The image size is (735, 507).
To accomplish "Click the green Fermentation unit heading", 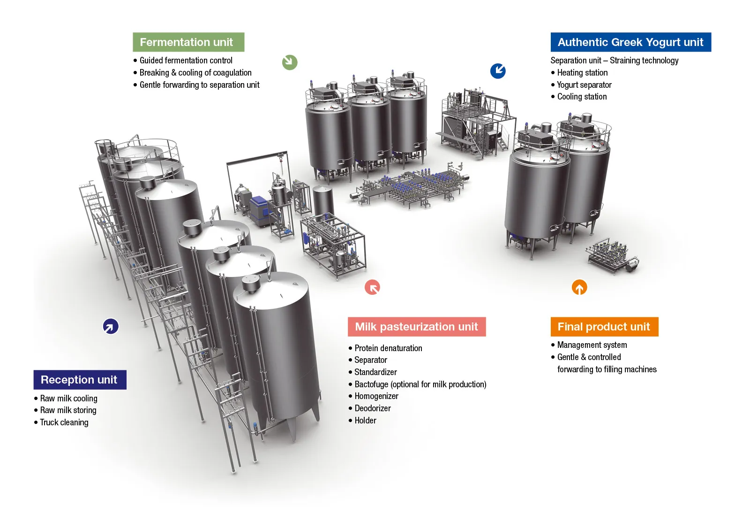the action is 188,42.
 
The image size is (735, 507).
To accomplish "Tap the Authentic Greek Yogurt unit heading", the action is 630,42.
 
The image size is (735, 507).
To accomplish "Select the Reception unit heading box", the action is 80,380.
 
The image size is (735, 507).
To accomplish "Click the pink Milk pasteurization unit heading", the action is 417,327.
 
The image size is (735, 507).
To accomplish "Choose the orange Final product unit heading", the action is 604,327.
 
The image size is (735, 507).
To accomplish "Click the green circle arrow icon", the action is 290,62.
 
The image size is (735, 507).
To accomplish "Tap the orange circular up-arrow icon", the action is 579,287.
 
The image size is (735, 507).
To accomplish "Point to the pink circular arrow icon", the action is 372,287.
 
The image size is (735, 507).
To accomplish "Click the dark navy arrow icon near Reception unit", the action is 111,326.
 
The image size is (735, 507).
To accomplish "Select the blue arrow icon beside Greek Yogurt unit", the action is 498,71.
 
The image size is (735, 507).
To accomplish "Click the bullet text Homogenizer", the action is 376,396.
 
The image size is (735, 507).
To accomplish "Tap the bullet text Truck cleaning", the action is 64,422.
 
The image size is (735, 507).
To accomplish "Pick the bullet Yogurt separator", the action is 585,85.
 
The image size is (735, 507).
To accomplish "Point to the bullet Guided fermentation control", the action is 186,61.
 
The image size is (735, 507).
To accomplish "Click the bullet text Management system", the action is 592,345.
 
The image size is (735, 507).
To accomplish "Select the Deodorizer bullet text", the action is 373,408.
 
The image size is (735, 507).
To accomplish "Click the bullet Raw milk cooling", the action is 68,399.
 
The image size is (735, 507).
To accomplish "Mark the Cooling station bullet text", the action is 582,97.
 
